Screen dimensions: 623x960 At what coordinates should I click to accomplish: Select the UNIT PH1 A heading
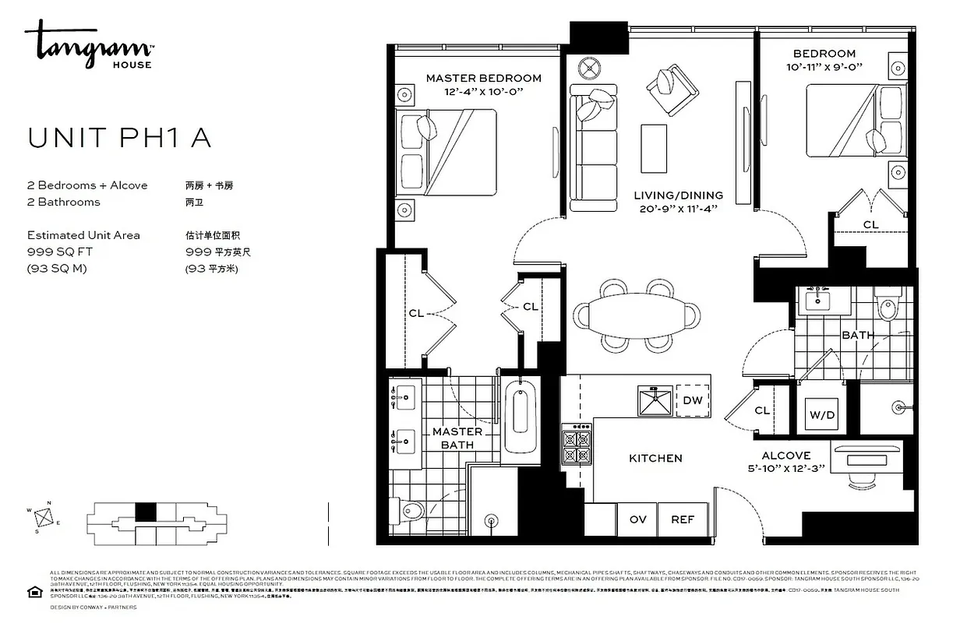click(119, 138)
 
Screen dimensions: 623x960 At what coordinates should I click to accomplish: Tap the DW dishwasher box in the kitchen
click(692, 400)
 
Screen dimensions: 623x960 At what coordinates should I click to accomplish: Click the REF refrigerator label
click(683, 519)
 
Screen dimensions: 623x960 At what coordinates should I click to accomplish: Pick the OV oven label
click(637, 519)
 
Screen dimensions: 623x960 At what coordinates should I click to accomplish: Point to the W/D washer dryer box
click(821, 415)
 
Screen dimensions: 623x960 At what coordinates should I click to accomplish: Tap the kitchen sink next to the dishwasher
click(654, 400)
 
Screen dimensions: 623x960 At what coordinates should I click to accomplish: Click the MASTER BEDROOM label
click(483, 78)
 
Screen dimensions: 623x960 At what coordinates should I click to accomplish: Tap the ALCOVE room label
click(785, 456)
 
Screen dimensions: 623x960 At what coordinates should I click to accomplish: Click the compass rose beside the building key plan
click(45, 516)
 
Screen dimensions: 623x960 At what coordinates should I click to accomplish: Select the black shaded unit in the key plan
click(146, 512)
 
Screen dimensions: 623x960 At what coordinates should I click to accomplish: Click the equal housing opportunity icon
click(34, 593)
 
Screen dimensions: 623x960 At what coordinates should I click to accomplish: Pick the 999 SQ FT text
click(56, 252)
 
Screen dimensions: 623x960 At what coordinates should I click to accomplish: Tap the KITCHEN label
click(655, 458)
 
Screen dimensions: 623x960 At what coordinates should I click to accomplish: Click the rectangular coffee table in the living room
click(653, 149)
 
